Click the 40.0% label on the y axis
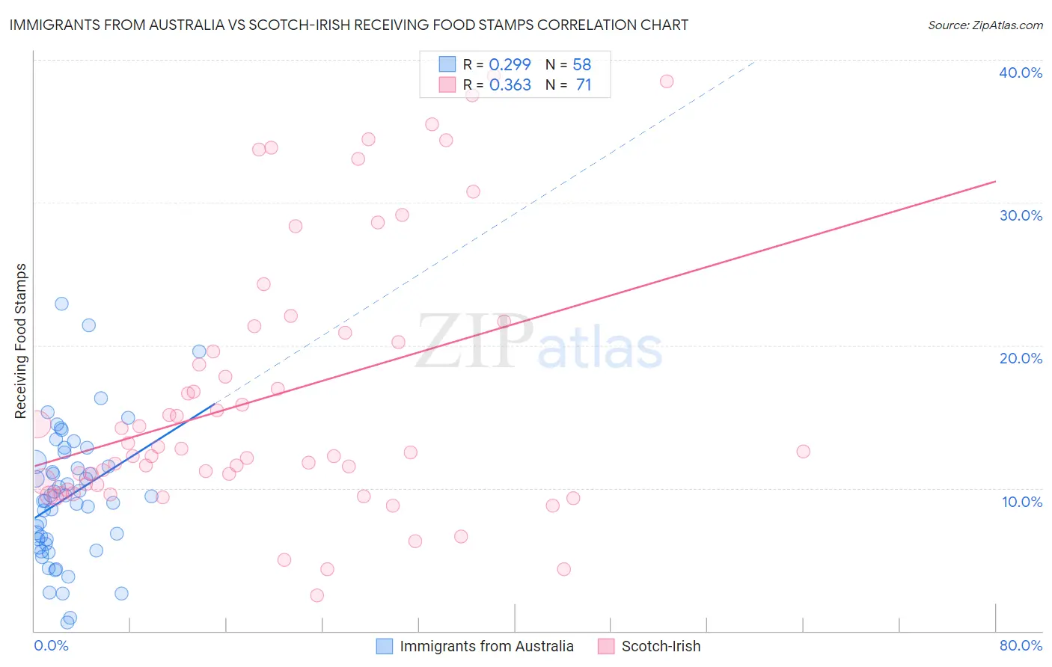1021,73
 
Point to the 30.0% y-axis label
1021,215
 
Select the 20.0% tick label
1021,358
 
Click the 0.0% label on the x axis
51,645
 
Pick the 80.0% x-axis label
1021,645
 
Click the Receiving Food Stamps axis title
21,341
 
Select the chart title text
349,25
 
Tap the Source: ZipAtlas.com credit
985,25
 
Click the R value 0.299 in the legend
510,64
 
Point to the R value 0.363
510,85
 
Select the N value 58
581,64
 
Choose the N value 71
584,85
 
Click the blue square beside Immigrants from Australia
385,646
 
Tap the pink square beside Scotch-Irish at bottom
606,646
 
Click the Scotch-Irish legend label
661,646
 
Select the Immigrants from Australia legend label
486,646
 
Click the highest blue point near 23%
61,304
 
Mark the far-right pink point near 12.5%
803,451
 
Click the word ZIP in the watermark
474,342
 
